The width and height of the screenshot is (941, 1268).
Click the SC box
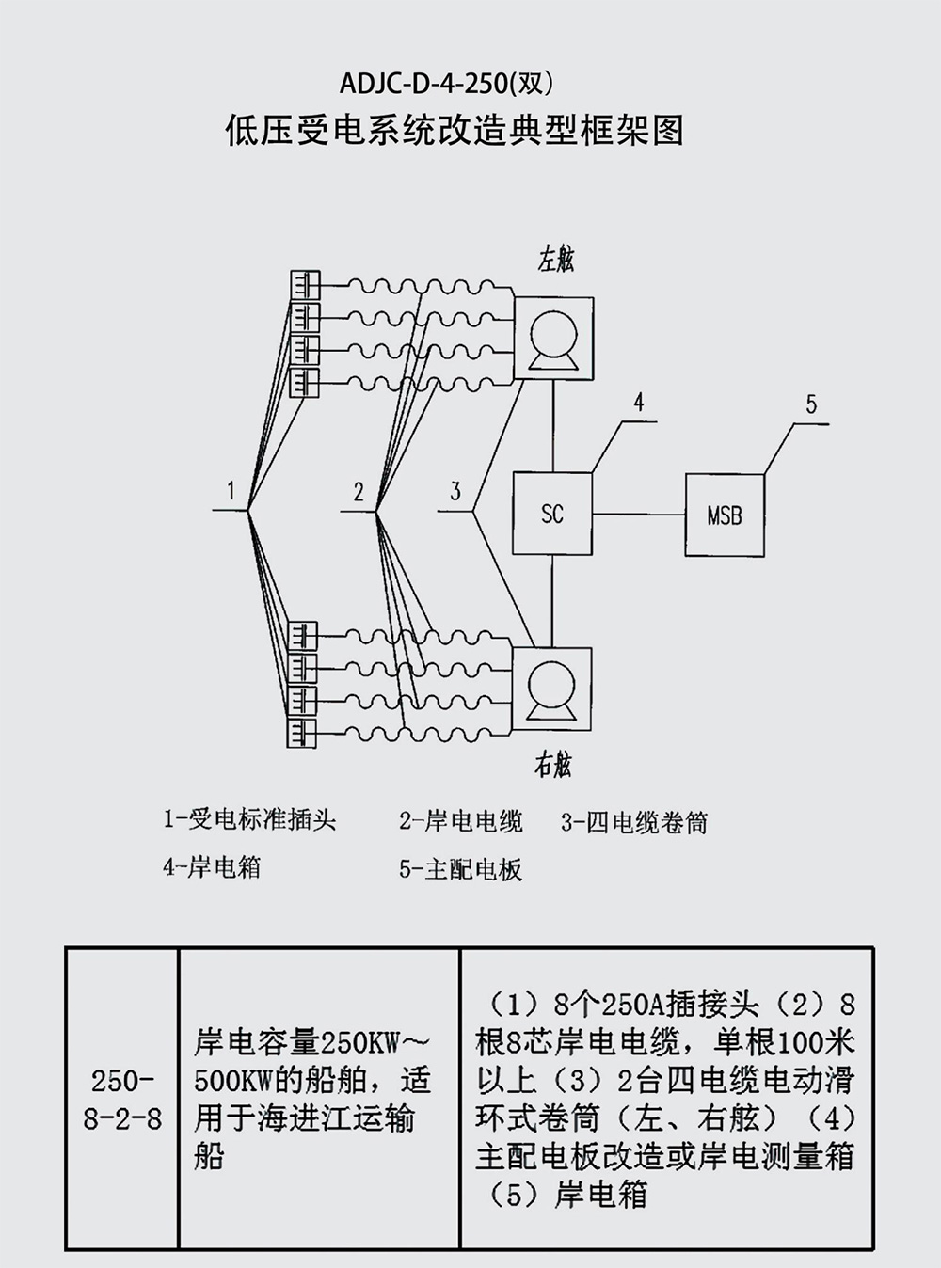point(552,513)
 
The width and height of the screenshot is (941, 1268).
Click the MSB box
point(724,515)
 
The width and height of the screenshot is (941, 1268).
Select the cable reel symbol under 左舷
point(553,339)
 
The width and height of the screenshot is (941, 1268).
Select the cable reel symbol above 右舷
point(552,689)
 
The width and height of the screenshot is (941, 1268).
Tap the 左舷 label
point(556,260)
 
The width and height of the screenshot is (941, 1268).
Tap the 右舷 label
point(553,765)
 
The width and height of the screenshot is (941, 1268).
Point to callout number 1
point(231,490)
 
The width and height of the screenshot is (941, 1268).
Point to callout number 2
point(359,491)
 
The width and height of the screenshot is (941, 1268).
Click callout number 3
point(455,491)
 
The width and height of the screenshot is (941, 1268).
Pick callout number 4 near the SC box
point(639,403)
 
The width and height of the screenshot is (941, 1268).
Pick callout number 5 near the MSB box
point(811,404)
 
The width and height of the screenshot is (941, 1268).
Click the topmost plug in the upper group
point(304,283)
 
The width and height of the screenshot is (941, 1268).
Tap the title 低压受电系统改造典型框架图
point(454,130)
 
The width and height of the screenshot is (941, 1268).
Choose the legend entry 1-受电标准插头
point(249,819)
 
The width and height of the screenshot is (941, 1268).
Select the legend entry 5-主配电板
point(460,869)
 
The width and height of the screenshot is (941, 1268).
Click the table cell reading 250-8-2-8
point(121,1099)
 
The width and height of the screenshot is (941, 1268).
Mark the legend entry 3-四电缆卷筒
point(633,823)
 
